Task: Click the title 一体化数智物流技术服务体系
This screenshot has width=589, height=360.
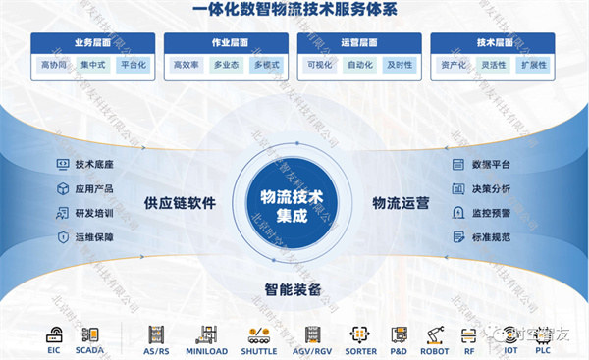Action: [294, 13]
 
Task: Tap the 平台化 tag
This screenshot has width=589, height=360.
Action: [133, 65]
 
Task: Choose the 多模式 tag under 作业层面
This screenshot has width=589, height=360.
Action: [266, 65]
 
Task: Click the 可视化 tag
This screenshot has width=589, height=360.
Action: [319, 65]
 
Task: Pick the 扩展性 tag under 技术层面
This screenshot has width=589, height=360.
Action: [533, 65]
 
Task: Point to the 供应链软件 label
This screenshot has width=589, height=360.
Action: [180, 204]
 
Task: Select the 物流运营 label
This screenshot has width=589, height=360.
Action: [401, 204]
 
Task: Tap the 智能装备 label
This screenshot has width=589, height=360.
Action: [294, 289]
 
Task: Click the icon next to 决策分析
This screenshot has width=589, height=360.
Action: [457, 188]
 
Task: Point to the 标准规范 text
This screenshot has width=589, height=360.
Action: [491, 236]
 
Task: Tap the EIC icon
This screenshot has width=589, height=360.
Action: [55, 334]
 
